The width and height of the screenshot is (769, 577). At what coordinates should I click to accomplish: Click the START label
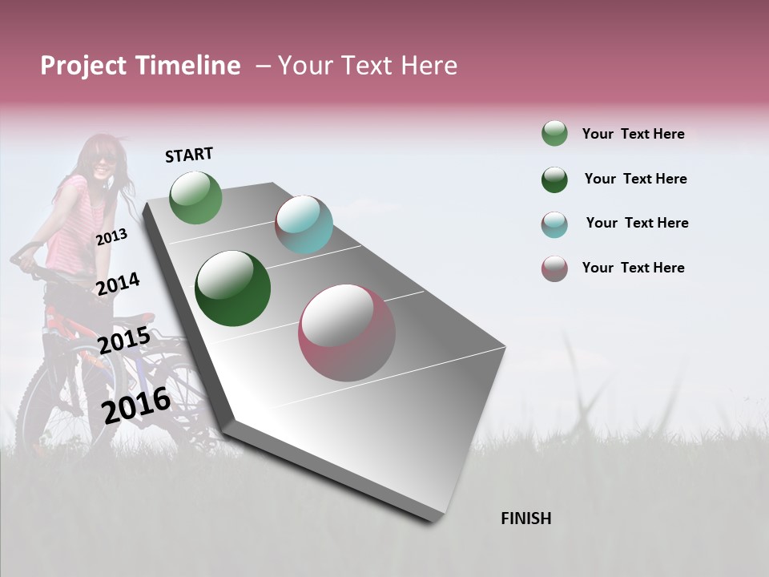point(189,155)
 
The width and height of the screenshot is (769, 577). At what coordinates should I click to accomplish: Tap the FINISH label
point(525,518)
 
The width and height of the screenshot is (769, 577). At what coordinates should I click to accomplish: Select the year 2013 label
point(111,236)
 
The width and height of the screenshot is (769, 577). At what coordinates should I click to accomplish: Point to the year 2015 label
point(123,341)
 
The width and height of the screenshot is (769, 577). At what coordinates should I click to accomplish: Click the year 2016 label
point(136,406)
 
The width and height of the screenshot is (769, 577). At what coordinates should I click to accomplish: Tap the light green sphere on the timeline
point(196,197)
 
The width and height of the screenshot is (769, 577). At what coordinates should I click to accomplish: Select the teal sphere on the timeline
point(304,224)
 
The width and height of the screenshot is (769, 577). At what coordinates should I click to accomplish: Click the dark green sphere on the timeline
point(232,288)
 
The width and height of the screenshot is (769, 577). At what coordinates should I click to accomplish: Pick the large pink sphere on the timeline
point(347,333)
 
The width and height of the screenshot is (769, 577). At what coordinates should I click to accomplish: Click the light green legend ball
point(554,134)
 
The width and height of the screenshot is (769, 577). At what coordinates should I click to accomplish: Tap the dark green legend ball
point(554,180)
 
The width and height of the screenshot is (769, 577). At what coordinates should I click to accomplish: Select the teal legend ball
point(554,224)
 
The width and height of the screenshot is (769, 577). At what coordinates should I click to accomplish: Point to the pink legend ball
point(554,268)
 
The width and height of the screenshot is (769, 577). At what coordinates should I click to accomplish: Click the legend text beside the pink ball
point(633,268)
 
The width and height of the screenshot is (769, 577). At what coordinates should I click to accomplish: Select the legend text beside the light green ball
point(633,134)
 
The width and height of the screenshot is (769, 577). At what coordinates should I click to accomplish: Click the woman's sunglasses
point(104,159)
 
